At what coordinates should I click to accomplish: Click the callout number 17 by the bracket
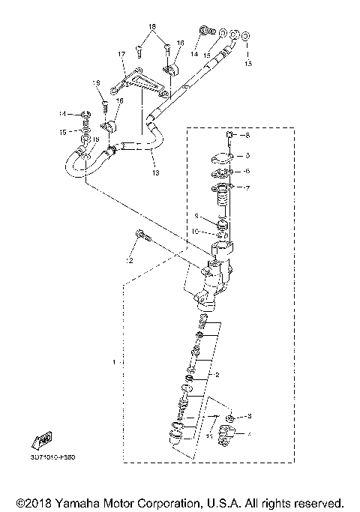pos(120,54)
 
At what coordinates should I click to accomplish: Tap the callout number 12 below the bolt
pos(129,261)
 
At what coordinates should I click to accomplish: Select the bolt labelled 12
pos(142,236)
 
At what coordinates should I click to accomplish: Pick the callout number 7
pos(248,187)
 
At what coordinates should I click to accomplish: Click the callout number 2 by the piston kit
pos(217,373)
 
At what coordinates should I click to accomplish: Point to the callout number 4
pos(250,433)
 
